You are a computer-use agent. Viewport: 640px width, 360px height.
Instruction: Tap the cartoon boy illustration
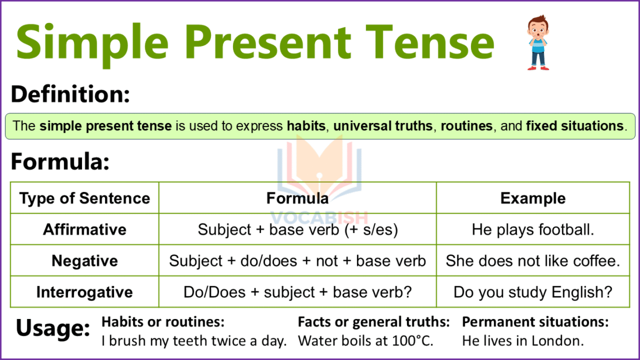[538, 43]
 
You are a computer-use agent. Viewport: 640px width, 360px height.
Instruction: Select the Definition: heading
[70, 94]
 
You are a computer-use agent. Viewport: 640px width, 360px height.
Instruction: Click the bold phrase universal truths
[383, 126]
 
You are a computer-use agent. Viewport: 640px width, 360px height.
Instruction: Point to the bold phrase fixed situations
[574, 126]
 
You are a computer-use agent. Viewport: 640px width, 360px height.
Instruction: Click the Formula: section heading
[60, 162]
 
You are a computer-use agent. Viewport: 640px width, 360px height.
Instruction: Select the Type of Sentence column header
[85, 198]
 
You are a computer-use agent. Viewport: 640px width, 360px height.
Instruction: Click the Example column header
[533, 198]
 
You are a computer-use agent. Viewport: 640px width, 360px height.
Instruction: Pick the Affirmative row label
[85, 230]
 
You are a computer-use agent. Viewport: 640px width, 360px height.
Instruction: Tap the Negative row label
[85, 261]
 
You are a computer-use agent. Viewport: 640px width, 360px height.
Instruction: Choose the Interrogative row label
[85, 293]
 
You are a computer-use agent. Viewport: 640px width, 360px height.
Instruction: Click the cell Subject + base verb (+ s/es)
[298, 230]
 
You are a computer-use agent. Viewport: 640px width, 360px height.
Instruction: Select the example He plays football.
[533, 230]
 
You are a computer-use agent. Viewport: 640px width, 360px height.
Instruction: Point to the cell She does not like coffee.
[533, 261]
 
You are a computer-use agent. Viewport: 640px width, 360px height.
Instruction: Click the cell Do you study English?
[533, 293]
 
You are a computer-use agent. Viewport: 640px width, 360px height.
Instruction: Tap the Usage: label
[53, 329]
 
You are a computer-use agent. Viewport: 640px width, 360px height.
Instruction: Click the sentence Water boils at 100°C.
[365, 341]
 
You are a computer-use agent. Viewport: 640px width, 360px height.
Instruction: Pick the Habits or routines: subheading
[163, 322]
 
